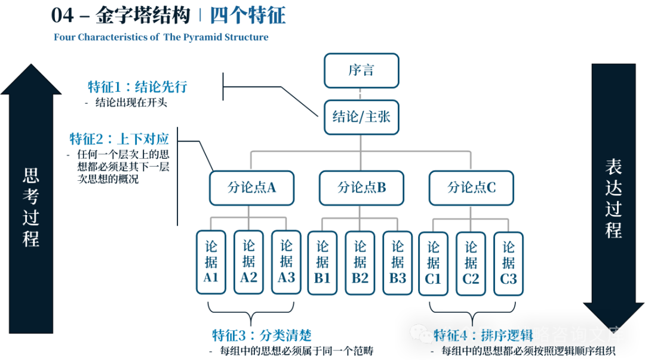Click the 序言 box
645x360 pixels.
tap(361, 70)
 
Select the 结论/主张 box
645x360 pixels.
tap(361, 116)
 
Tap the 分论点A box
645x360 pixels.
tap(251, 187)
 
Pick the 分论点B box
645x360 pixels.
tap(361, 187)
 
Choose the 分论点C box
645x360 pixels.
tap(471, 187)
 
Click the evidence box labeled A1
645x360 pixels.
tap(211, 262)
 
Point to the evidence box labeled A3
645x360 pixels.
tap(286, 262)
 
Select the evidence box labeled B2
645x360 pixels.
tap(360, 263)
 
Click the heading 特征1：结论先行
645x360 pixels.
tap(137, 87)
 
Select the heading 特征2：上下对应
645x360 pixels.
tap(119, 140)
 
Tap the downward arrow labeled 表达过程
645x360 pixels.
tap(613, 197)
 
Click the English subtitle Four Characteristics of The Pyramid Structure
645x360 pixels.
tap(161, 37)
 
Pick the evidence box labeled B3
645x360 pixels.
tap(398, 263)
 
